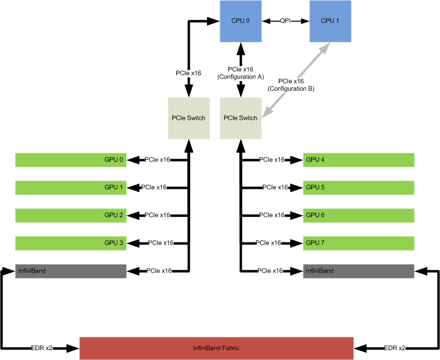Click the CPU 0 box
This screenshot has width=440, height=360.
point(241,21)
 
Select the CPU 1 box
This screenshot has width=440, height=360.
point(330,21)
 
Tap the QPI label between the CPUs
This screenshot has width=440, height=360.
point(285,21)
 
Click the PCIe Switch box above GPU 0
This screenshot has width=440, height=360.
point(188,118)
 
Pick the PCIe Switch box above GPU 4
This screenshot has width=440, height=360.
point(240,118)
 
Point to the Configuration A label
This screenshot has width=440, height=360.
point(241,73)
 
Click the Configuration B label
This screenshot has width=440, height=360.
point(291,85)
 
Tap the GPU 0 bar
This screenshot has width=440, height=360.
point(71,160)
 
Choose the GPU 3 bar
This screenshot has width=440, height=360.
point(71,243)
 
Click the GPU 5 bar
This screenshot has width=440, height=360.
point(358,188)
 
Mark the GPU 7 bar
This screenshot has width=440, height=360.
point(358,243)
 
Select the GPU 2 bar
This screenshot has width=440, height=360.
point(71,215)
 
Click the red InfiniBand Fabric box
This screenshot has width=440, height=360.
point(216,348)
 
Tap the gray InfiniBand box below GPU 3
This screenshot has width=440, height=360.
point(71,271)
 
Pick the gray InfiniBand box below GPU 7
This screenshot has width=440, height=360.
point(358,271)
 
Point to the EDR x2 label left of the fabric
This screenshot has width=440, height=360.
point(42,348)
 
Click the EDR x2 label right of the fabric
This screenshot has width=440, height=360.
point(395,348)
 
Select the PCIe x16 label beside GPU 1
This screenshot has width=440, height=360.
point(154,188)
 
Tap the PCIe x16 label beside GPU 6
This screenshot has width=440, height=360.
point(272,215)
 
